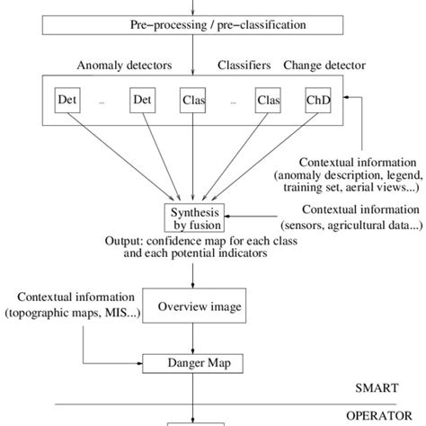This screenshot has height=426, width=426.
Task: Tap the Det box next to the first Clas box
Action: pyautogui.click(x=143, y=100)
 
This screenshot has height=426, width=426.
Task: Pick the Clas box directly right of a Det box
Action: pyautogui.click(x=192, y=100)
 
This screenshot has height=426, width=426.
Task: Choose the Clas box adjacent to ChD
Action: pyautogui.click(x=268, y=100)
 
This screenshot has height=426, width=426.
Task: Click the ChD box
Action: pyautogui.click(x=317, y=100)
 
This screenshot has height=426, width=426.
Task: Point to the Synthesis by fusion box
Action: pyautogui.click(x=192, y=218)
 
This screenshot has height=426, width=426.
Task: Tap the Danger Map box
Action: pyautogui.click(x=193, y=364)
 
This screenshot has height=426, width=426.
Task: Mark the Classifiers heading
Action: pyautogui.click(x=245, y=67)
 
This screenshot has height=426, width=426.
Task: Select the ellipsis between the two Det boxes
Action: pyautogui.click(x=102, y=102)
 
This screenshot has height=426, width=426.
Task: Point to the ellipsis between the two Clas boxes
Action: pyautogui.click(x=231, y=102)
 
